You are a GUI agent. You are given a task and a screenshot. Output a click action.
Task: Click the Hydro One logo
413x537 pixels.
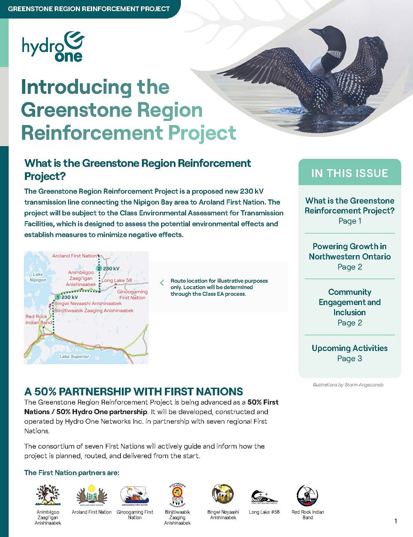(53, 47)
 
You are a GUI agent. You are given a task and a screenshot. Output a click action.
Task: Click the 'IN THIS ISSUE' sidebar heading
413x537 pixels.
(349, 173)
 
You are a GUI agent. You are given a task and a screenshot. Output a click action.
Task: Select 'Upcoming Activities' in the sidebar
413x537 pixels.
(349, 348)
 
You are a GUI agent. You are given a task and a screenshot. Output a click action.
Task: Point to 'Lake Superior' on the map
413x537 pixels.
(74, 356)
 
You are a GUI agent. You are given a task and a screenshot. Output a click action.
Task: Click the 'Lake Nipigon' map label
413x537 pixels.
(38, 277)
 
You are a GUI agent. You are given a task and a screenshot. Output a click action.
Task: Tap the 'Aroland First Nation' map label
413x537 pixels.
(75, 256)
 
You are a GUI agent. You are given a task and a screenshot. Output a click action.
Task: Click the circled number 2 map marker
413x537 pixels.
(99, 268)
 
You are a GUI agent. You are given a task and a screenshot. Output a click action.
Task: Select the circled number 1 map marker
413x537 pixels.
(58, 297)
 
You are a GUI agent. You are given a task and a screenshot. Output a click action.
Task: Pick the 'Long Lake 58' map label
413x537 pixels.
(117, 280)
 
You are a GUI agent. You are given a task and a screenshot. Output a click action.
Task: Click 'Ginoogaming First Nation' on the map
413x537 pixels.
(132, 294)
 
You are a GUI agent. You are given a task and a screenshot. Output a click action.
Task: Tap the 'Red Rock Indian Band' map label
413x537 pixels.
(38, 320)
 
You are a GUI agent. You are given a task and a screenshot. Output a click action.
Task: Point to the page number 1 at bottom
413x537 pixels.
(396, 521)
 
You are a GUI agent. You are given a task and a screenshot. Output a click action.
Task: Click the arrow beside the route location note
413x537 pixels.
(162, 283)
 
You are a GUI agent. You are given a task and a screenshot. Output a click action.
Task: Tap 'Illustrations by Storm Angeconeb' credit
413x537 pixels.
(348, 385)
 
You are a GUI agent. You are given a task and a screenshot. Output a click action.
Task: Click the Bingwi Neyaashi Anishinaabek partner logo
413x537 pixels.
(223, 494)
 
